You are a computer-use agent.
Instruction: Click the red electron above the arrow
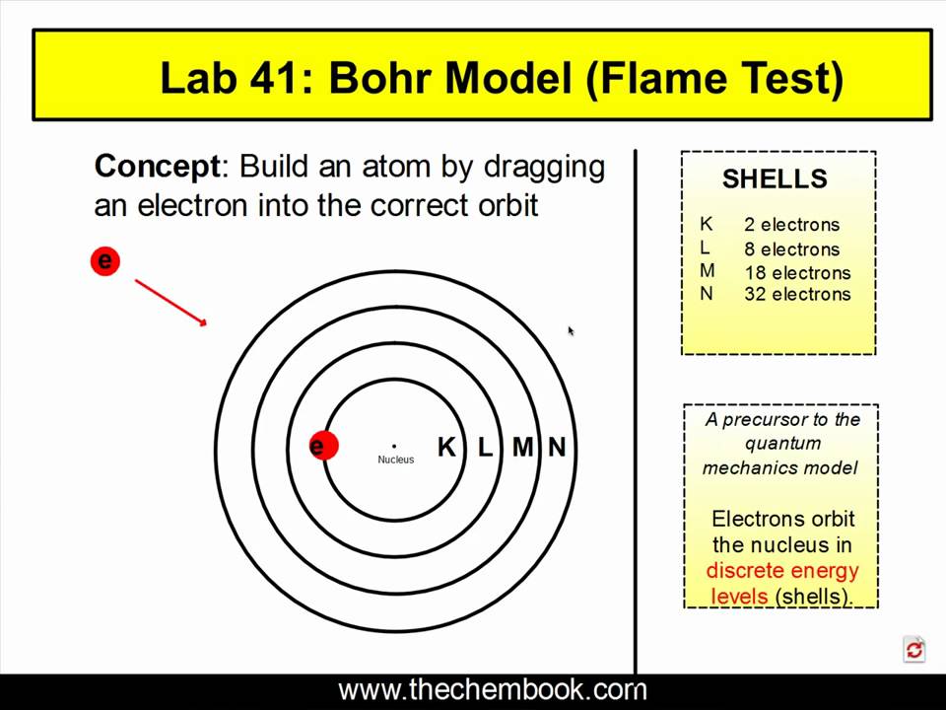pyautogui.click(x=104, y=261)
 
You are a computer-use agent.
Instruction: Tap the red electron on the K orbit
pyautogui.click(x=321, y=447)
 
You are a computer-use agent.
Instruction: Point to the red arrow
pyautogui.click(x=170, y=302)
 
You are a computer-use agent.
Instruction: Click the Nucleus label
pyautogui.click(x=395, y=460)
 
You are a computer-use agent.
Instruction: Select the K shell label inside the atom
pyautogui.click(x=446, y=448)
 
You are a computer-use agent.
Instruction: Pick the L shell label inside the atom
pyautogui.click(x=485, y=448)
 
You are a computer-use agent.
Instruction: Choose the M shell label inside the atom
pyautogui.click(x=522, y=448)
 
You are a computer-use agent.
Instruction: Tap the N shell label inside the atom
pyautogui.click(x=557, y=448)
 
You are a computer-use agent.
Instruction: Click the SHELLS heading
pyautogui.click(x=775, y=179)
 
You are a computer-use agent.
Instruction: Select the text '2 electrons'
pyautogui.click(x=792, y=225)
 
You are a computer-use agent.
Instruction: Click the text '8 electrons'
pyautogui.click(x=792, y=249)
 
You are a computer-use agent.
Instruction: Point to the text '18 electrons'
pyautogui.click(x=797, y=273)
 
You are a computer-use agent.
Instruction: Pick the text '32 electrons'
pyautogui.click(x=797, y=294)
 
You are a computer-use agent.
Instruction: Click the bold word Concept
pyautogui.click(x=158, y=166)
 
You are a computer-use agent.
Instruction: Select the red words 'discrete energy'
pyautogui.click(x=782, y=571)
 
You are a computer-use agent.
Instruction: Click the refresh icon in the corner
pyautogui.click(x=914, y=649)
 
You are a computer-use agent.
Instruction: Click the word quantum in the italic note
pyautogui.click(x=782, y=444)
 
